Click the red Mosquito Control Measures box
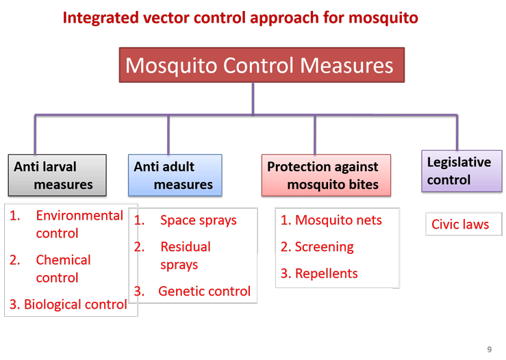pos(262,65)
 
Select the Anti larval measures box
pos(57,175)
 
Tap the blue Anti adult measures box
pos(175,175)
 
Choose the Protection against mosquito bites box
pos(326,175)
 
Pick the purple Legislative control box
pos(461,171)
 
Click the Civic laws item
pos(460,224)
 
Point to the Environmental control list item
pos(66,224)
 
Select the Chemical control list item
pos(50,269)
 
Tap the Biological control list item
pos(68,304)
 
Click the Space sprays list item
pos(186,220)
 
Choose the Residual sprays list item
pos(173,255)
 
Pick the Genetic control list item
pos(192,291)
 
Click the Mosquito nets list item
pos(331,220)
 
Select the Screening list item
pos(317,247)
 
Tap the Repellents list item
pos(319,274)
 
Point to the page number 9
pos(489,349)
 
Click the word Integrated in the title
pos(101,18)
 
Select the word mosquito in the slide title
pos(383,18)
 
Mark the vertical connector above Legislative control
pos(457,133)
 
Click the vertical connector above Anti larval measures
pos(35,135)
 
